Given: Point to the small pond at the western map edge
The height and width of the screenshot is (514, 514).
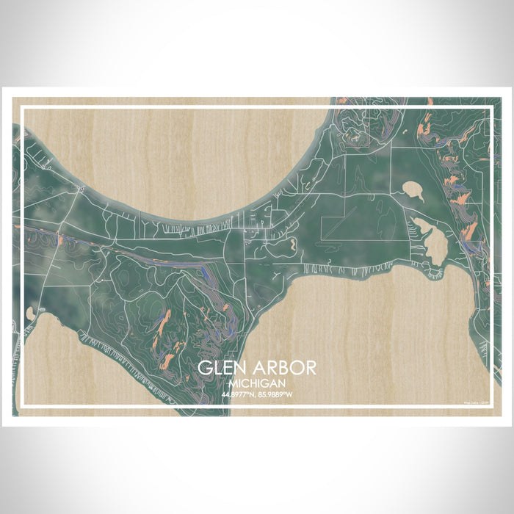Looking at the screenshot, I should [29, 314].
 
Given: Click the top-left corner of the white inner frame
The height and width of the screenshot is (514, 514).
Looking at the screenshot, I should [23, 107].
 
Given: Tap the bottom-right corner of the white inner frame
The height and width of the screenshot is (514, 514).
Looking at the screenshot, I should [491, 406].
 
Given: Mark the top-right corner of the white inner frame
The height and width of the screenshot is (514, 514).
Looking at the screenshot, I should [491, 107].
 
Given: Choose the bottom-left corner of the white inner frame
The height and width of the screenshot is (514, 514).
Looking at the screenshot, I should [23, 406].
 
